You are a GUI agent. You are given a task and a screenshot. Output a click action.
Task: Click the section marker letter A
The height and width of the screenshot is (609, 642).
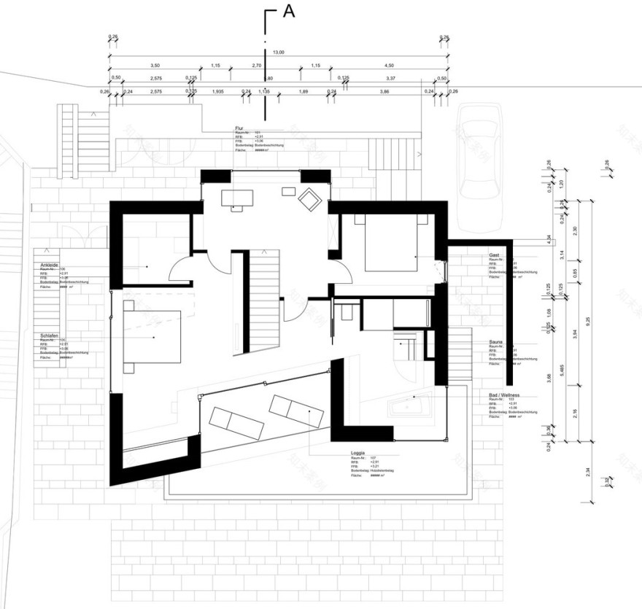[x=288, y=12]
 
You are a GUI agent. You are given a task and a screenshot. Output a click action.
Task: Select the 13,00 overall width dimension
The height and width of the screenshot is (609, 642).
[x=279, y=53]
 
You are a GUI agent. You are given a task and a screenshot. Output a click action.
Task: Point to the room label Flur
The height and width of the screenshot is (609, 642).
[x=239, y=127]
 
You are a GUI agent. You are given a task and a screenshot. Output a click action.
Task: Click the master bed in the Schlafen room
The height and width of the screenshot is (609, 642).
[x=151, y=335]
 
